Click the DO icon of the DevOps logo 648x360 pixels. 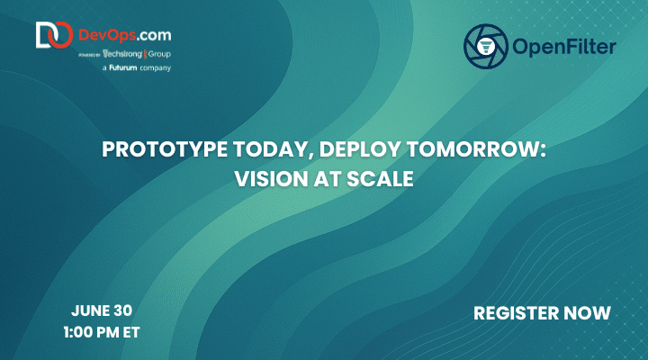tap(54, 35)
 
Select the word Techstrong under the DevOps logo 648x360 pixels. tap(122, 54)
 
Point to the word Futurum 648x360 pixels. tap(122, 67)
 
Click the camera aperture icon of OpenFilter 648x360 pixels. tap(486, 46)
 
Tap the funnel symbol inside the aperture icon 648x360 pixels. tap(486, 46)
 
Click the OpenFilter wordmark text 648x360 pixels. tap(564, 46)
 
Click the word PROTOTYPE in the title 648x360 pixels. tap(165, 149)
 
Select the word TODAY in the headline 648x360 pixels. tap(274, 150)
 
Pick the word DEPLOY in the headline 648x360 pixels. tap(360, 149)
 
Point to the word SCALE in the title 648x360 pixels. tap(380, 179)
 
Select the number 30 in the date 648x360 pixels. tap(122, 310)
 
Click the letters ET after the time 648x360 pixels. tap(131, 332)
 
